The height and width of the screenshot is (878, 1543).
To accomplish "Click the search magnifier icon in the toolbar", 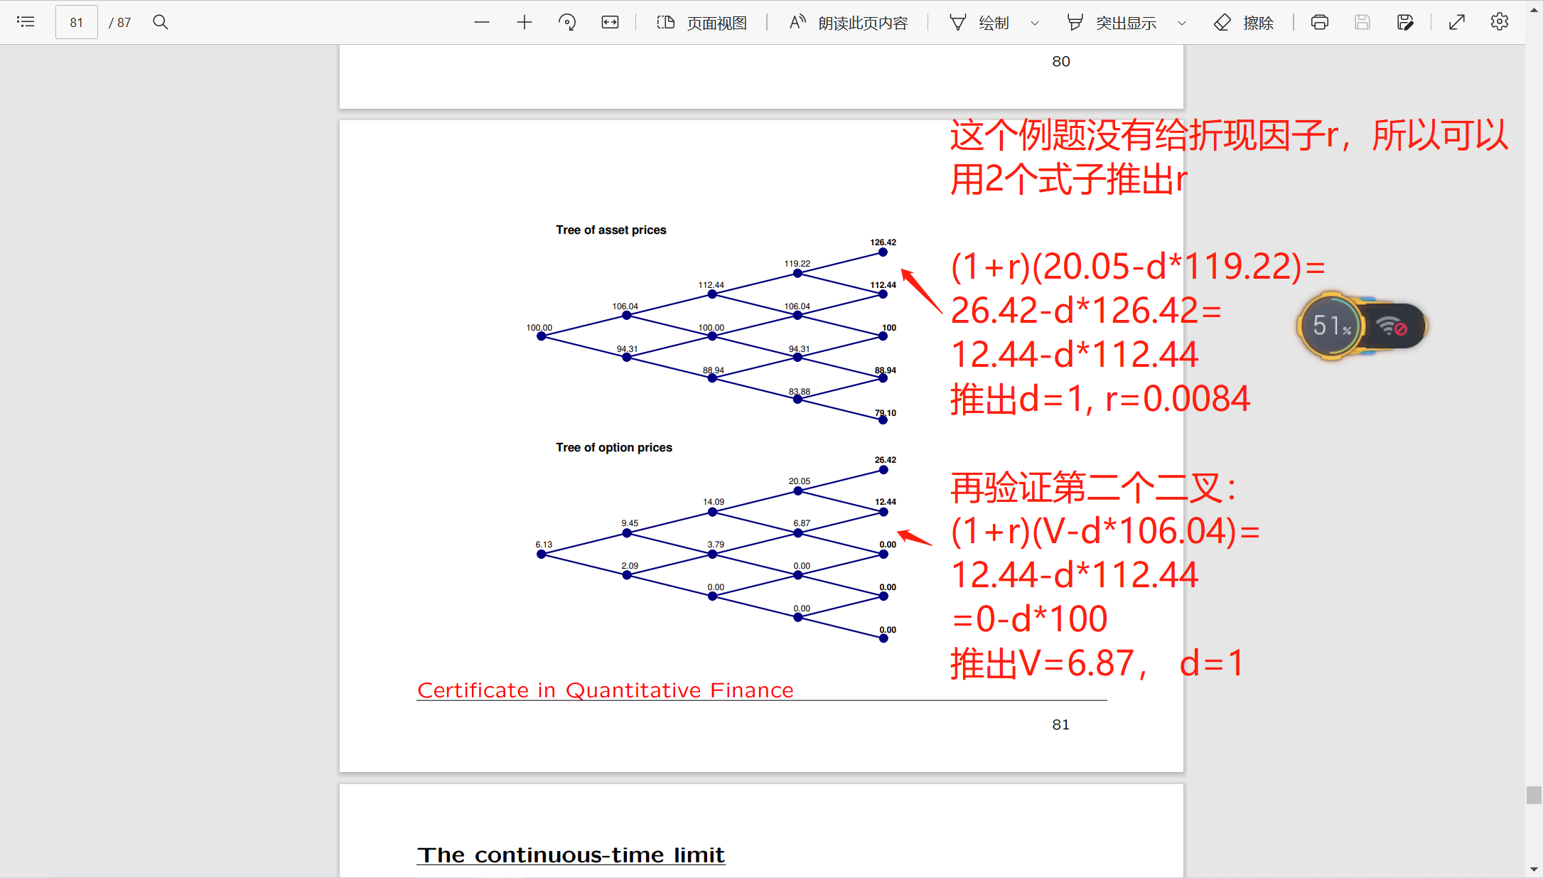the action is click(161, 22).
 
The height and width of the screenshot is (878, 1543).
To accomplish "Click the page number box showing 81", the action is click(77, 22).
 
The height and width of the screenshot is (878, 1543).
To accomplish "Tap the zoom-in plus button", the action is click(525, 22).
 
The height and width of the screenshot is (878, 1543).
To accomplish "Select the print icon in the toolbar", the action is click(1320, 22).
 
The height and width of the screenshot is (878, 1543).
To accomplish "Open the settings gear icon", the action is click(1500, 22).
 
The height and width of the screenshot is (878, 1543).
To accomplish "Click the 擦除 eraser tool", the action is click(1244, 23).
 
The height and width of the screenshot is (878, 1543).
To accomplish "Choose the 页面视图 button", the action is click(701, 23).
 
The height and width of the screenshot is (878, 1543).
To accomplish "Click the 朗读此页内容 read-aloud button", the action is click(849, 23).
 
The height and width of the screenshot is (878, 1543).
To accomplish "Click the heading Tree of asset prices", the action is click(611, 230).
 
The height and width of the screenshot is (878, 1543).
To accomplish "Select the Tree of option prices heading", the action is click(614, 447).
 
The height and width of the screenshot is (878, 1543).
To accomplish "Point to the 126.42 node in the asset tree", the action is click(883, 252).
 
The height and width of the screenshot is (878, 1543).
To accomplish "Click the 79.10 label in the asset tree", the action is click(886, 413).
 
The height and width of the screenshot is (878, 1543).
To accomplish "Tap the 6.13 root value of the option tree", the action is click(544, 545).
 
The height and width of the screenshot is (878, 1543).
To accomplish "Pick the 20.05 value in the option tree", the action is click(800, 481).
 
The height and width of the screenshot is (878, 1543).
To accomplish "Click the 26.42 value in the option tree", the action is click(886, 460).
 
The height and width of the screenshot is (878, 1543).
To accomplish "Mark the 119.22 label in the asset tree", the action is click(797, 264).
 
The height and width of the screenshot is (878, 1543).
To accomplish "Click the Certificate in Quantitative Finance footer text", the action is click(606, 690).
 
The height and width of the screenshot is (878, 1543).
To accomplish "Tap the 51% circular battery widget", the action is click(1332, 326).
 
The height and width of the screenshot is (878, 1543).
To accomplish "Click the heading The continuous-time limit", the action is click(571, 855).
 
